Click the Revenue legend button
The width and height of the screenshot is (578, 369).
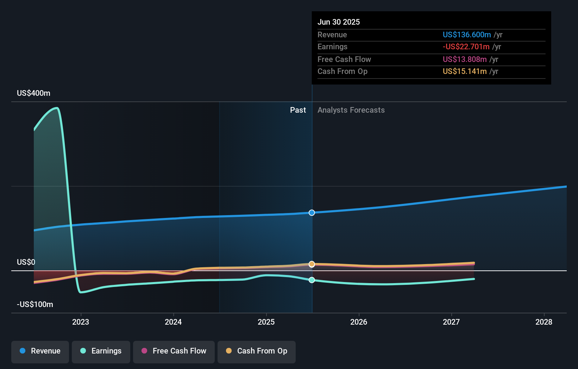(40, 351)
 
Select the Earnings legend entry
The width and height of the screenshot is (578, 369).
(101, 351)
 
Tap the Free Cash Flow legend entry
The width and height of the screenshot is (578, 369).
(174, 351)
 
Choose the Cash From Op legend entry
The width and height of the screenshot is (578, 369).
(257, 351)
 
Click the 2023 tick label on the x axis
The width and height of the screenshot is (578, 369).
(81, 322)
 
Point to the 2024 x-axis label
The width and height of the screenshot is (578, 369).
(173, 322)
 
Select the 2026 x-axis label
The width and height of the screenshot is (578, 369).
(359, 322)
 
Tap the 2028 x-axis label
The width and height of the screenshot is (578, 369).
(544, 322)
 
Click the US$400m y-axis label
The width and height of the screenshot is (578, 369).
(34, 93)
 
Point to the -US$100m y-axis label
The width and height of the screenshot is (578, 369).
(35, 304)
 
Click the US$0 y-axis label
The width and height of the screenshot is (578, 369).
(26, 262)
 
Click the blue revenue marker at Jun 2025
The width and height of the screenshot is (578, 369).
(312, 213)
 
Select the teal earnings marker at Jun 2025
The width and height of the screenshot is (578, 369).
(312, 280)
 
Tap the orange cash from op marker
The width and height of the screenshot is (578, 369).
(312, 264)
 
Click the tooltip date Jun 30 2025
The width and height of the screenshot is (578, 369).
(339, 22)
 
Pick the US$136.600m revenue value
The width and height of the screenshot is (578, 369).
(467, 35)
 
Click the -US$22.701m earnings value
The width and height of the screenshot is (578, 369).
(466, 46)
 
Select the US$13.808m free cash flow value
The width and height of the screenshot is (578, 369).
(465, 59)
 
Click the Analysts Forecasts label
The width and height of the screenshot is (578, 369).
(351, 110)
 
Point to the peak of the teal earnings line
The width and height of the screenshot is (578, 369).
(57, 108)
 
